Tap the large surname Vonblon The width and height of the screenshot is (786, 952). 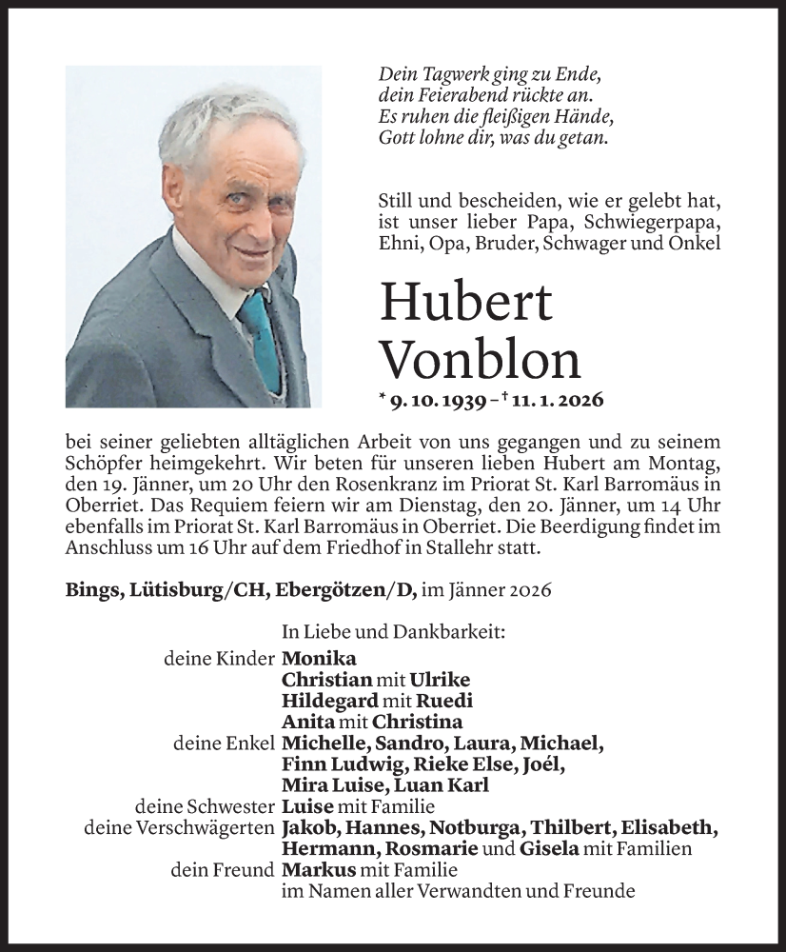point(480,361)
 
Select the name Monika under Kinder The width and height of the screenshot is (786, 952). point(319,659)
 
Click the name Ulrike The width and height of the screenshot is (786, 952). point(439,680)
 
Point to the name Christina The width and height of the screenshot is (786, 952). point(418,722)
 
